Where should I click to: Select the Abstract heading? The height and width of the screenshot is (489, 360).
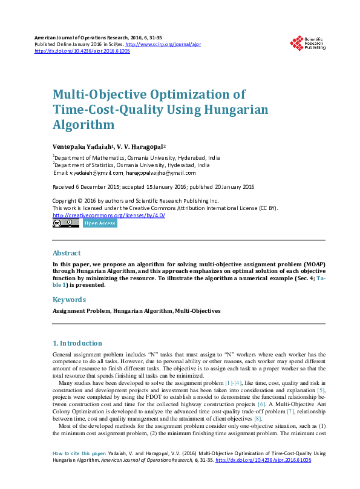(x=67, y=253)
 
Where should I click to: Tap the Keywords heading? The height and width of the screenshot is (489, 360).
(x=69, y=300)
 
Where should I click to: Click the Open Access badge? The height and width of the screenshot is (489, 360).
(x=100, y=223)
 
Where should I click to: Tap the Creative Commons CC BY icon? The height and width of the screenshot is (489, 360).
(x=65, y=223)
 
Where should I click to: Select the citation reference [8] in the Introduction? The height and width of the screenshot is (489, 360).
(x=258, y=418)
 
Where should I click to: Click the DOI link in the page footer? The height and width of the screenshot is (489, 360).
(x=263, y=460)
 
